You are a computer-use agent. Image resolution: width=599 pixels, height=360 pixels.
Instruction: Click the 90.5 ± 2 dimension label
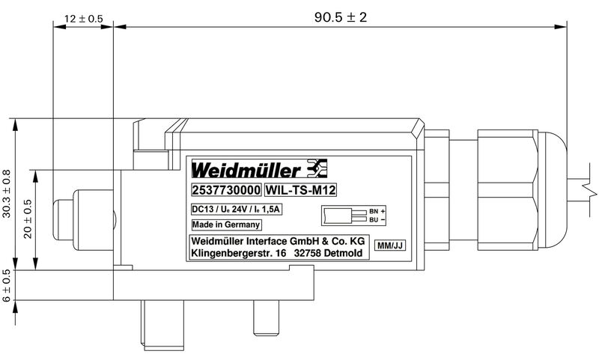[340, 16]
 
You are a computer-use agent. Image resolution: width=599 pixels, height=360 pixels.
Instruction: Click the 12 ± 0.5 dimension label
[84, 19]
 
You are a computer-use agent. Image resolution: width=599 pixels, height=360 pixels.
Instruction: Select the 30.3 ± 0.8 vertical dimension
[7, 193]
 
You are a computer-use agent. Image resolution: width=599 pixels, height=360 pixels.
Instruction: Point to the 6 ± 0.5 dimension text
[7, 286]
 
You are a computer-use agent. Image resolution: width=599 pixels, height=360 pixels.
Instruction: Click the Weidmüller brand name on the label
[247, 167]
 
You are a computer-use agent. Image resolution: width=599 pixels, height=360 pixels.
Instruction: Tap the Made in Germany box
[225, 224]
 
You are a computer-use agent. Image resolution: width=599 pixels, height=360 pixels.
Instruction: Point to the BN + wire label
[377, 212]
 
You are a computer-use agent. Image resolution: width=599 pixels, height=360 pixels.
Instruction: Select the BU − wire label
[377, 220]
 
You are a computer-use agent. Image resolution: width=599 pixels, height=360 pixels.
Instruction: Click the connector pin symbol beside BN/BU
[342, 216]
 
